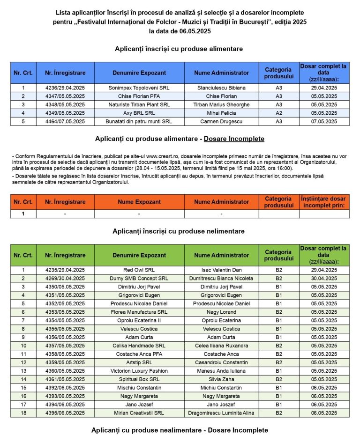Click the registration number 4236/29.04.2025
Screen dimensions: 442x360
pos(65,88)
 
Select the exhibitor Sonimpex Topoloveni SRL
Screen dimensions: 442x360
pos(139,88)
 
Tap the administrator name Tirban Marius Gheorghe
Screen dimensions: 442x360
pos(221,104)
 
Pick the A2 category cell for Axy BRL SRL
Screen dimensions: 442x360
pos(278,113)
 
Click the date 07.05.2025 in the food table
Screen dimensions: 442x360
pos(324,122)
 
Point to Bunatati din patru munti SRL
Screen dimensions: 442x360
pos(139,122)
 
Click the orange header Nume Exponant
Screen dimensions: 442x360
pos(139,202)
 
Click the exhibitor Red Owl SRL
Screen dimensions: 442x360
pos(139,270)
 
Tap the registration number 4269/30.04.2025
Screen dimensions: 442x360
pos(65,279)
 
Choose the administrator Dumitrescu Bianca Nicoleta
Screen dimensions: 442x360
pos(221,279)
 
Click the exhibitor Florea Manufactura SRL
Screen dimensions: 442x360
pos(139,312)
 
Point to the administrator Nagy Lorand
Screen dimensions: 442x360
pos(221,312)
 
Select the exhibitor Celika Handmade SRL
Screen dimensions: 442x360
pos(139,346)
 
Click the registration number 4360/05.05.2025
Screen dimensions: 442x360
pos(65,371)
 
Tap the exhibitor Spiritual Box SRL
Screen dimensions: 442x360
pos(139,379)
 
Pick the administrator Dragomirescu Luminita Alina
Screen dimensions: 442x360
pos(221,413)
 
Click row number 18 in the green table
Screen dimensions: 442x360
pos(23,413)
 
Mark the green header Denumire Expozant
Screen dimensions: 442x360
pos(139,255)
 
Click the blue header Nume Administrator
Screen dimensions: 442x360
pos(221,73)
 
